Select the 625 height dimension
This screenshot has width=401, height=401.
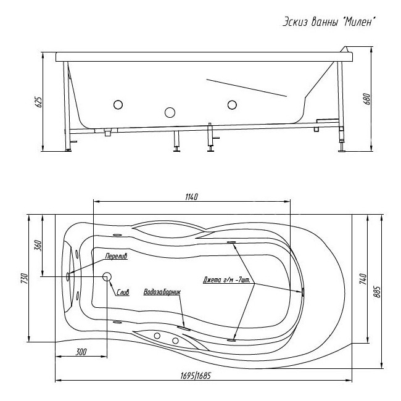(x=38, y=102)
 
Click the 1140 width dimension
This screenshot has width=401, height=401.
(x=191, y=196)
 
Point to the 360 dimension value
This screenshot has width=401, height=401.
(x=38, y=245)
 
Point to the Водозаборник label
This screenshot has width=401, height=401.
(x=162, y=292)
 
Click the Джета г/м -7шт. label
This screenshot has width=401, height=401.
(x=227, y=279)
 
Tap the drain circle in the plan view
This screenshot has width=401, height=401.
(x=107, y=277)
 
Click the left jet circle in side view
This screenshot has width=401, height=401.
(x=118, y=104)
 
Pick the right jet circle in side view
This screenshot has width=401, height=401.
(x=233, y=104)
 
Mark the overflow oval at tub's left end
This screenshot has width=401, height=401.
(x=70, y=277)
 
